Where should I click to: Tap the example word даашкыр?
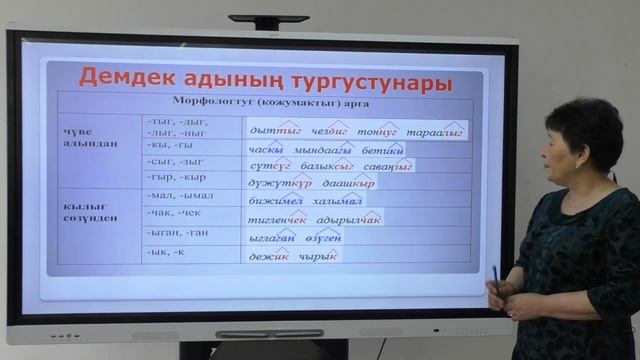350,184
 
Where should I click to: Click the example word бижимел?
272,200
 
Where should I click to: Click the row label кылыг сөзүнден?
91,209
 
